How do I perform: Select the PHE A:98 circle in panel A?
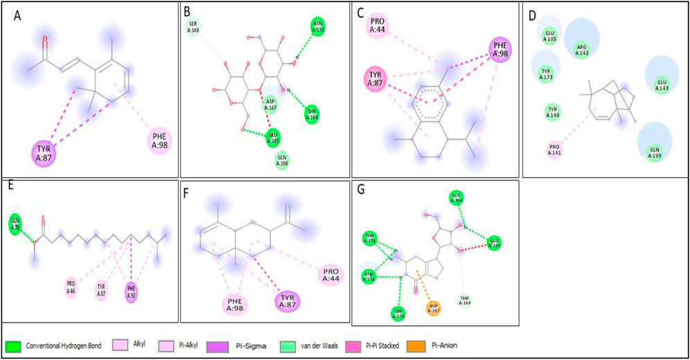[x=158, y=143]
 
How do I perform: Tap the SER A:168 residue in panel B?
[x=193, y=28]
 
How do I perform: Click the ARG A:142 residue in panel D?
[x=584, y=47]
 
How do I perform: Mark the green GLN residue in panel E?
[x=14, y=223]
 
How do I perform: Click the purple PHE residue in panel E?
[x=132, y=289]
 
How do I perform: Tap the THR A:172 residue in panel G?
[x=371, y=240]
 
